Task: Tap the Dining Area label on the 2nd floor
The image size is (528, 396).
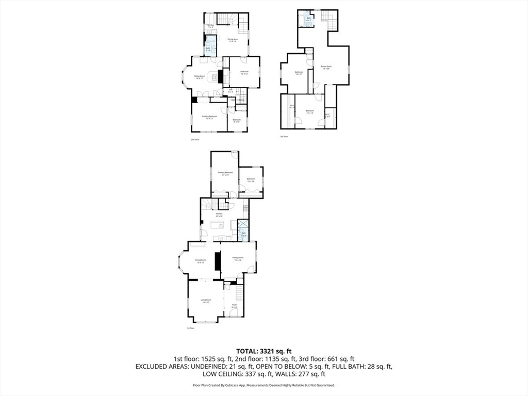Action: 232,40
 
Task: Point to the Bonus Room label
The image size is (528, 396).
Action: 325,67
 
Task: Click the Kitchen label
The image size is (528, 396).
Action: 219,214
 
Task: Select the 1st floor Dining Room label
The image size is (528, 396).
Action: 200,261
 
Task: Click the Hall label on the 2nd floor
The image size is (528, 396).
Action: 230,90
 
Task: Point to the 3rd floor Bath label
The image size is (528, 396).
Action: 309,19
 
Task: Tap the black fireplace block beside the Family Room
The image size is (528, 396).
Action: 218,262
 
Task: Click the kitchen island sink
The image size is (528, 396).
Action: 221,226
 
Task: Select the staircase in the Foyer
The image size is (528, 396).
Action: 240,293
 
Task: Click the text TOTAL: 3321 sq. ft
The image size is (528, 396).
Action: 264,351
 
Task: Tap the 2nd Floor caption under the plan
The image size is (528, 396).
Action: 194,139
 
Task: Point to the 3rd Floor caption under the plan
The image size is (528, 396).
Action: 284,137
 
